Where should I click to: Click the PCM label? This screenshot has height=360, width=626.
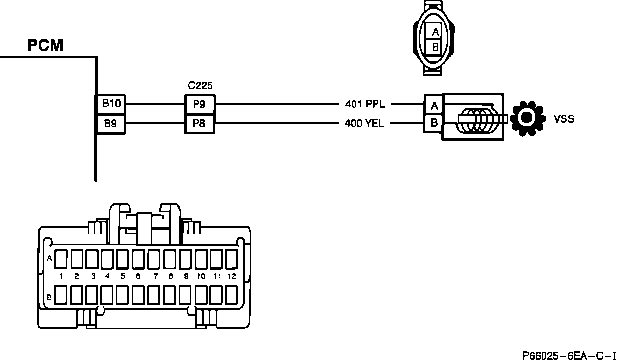pyautogui.click(x=45, y=46)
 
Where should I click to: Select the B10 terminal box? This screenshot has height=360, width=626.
pyautogui.click(x=111, y=104)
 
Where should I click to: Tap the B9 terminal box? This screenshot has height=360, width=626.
pyautogui.click(x=111, y=124)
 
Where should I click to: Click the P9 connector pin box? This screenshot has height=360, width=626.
pyautogui.click(x=199, y=104)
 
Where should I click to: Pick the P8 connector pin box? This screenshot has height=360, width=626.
pyautogui.click(x=199, y=124)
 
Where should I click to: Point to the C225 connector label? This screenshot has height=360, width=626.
pyautogui.click(x=200, y=85)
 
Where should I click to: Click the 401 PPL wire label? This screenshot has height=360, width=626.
pyautogui.click(x=365, y=104)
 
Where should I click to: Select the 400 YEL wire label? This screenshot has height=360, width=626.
pyautogui.click(x=365, y=124)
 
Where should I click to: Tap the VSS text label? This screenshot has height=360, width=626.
pyautogui.click(x=563, y=119)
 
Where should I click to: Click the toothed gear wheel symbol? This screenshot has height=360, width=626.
pyautogui.click(x=528, y=117)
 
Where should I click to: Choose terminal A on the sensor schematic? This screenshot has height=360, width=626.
pyautogui.click(x=434, y=105)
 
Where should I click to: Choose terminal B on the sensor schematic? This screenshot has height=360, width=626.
pyautogui.click(x=434, y=123)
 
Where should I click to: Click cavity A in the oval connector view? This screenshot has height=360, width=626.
pyautogui.click(x=435, y=32)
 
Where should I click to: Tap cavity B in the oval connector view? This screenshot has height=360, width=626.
pyautogui.click(x=435, y=47)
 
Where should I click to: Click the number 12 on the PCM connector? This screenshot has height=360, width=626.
pyautogui.click(x=231, y=276)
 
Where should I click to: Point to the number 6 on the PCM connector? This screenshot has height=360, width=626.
pyautogui.click(x=138, y=276)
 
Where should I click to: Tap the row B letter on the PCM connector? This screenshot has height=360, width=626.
pyautogui.click(x=49, y=297)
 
